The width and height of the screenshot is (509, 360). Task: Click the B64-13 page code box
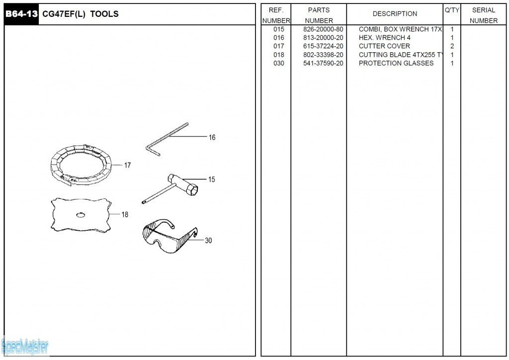click(21, 14)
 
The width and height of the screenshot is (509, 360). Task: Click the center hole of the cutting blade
click(80, 215)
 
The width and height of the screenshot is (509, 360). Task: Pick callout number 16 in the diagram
click(212, 137)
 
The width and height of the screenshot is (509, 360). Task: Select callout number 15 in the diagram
click(212, 180)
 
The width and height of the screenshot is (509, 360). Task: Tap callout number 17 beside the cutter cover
click(127, 165)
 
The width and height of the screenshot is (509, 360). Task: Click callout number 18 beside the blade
click(125, 215)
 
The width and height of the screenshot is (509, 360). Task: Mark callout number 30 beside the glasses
click(208, 241)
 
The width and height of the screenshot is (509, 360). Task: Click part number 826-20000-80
click(323, 29)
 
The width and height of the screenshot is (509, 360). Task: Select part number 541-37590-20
click(323, 63)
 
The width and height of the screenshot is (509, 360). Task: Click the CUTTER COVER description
click(384, 46)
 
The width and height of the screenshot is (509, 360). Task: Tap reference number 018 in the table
click(279, 55)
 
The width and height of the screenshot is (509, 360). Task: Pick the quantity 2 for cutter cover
click(452, 46)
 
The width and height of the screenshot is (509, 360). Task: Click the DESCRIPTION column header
click(395, 14)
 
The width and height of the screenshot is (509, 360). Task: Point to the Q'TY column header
click(452, 10)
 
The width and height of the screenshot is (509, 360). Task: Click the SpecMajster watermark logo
click(25, 346)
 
